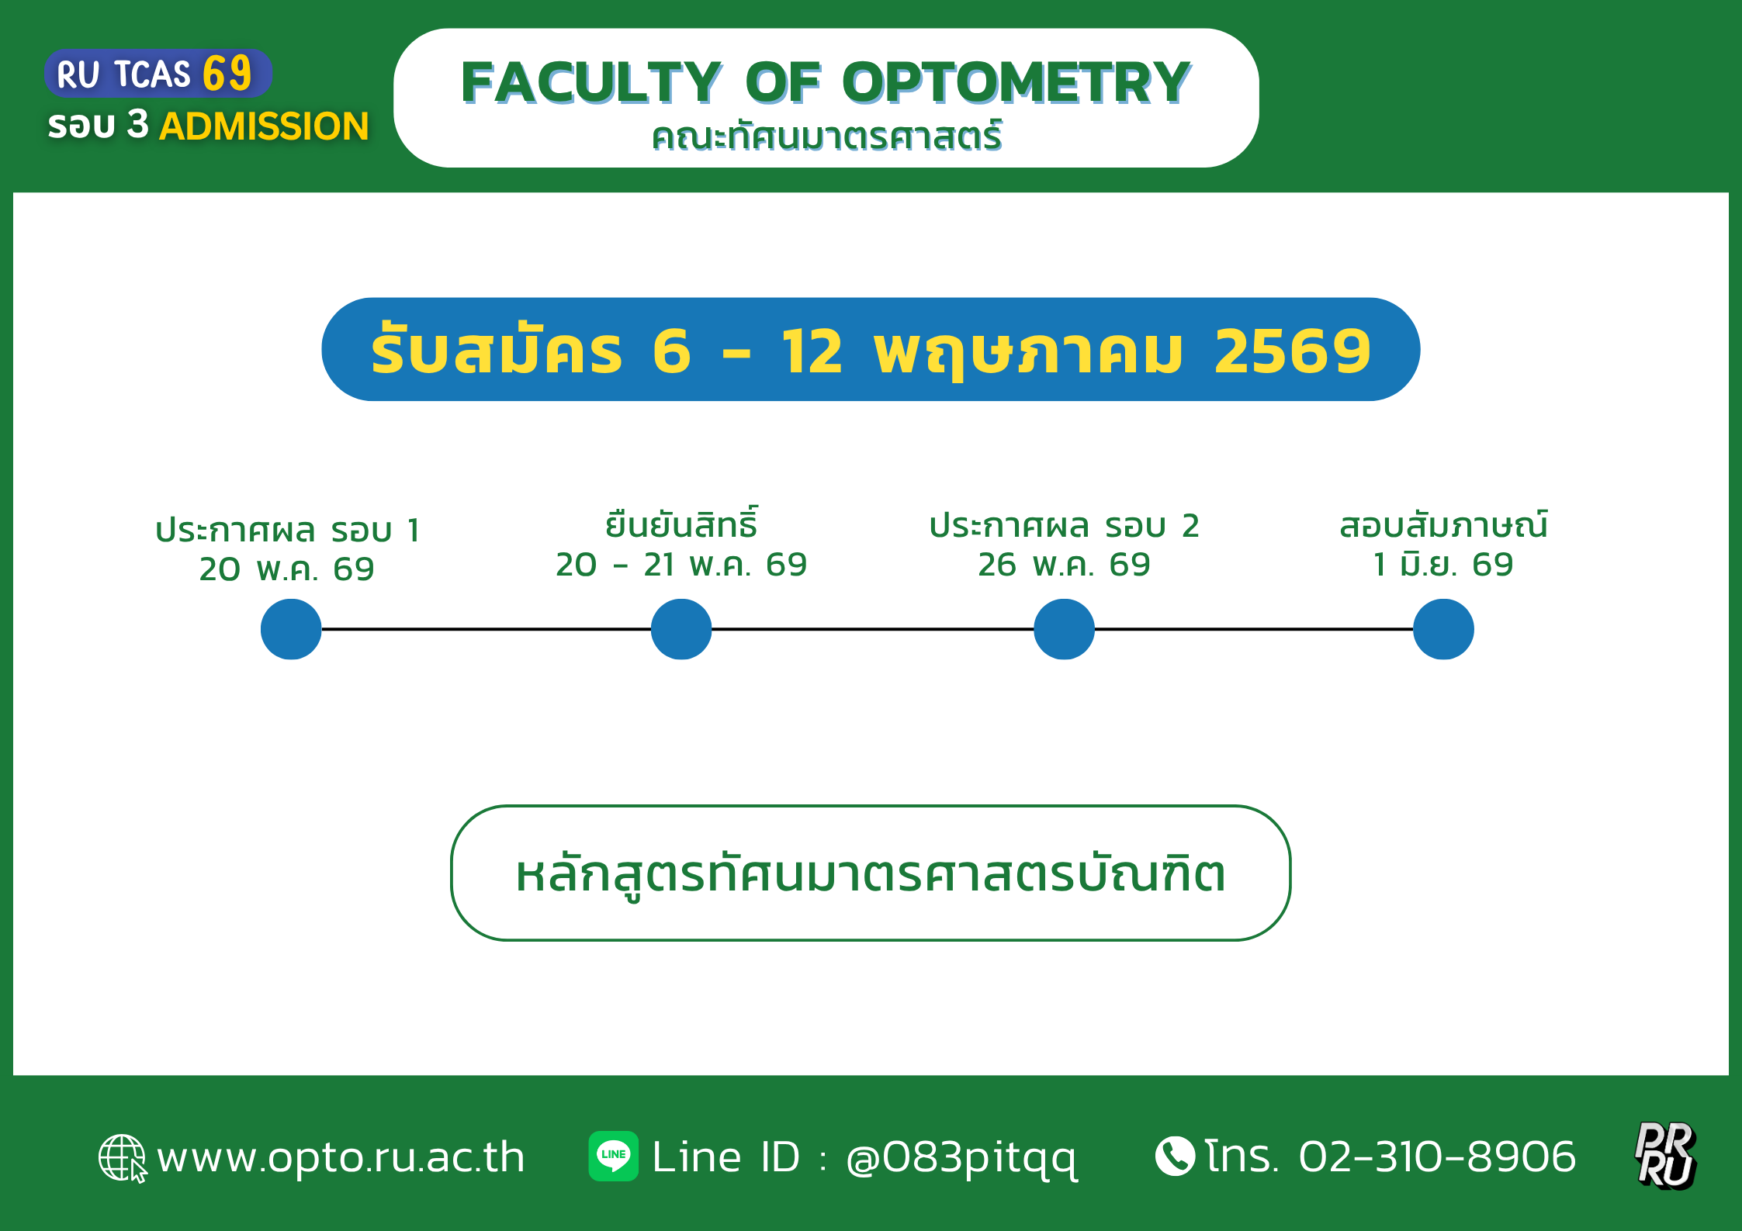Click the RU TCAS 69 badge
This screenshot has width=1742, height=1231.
158,74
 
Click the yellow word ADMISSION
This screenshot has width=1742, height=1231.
264,126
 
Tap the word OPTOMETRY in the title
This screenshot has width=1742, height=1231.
1016,82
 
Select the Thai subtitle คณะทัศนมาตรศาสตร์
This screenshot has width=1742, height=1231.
826,136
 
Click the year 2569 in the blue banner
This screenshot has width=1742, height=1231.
1293,351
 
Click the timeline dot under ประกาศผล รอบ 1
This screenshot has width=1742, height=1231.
291,629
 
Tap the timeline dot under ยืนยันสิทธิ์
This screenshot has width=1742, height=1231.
681,629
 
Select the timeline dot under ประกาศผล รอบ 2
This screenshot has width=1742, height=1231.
1065,629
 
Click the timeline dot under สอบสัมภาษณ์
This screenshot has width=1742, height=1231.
1443,629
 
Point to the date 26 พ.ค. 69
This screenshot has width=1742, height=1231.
1064,565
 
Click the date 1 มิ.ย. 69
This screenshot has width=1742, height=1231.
1443,564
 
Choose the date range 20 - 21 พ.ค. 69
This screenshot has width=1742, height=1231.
681,565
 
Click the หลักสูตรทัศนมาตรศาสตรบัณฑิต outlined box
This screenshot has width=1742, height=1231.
871,873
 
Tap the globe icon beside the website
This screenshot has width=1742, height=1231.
123,1158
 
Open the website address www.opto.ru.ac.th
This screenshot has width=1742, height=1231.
341,1157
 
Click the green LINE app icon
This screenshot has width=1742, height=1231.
613,1156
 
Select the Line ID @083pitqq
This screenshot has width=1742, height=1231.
961,1159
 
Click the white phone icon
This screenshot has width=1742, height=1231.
1175,1156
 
